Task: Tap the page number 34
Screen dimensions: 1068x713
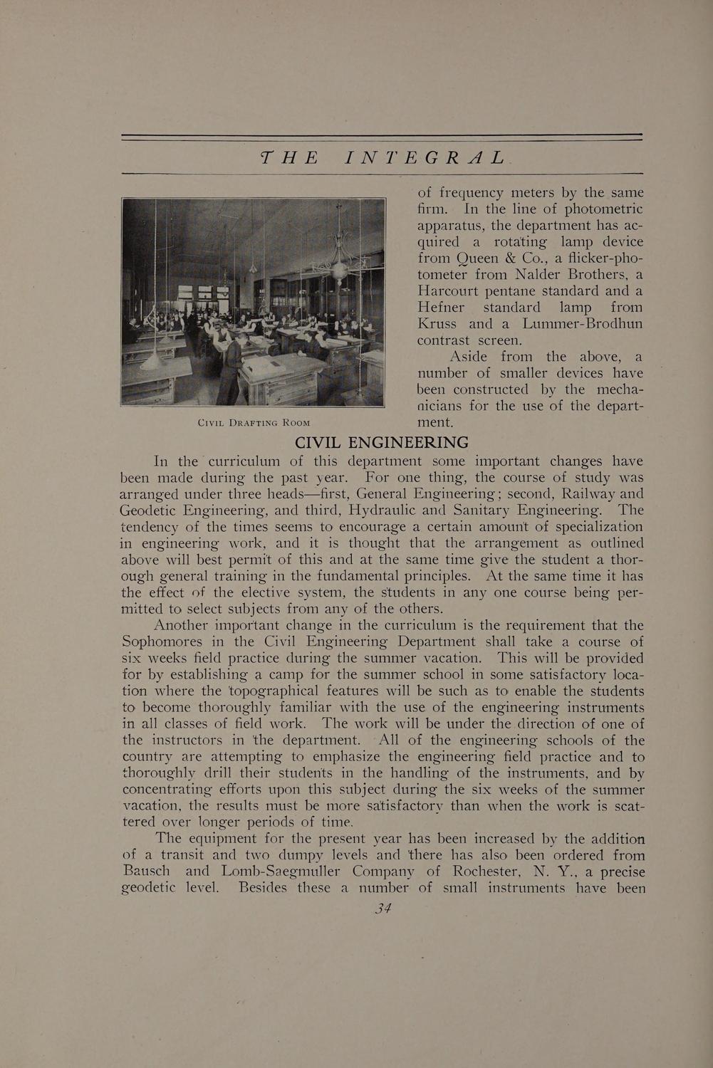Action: pyautogui.click(x=383, y=908)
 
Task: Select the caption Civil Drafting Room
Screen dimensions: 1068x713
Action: pyautogui.click(x=254, y=423)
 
